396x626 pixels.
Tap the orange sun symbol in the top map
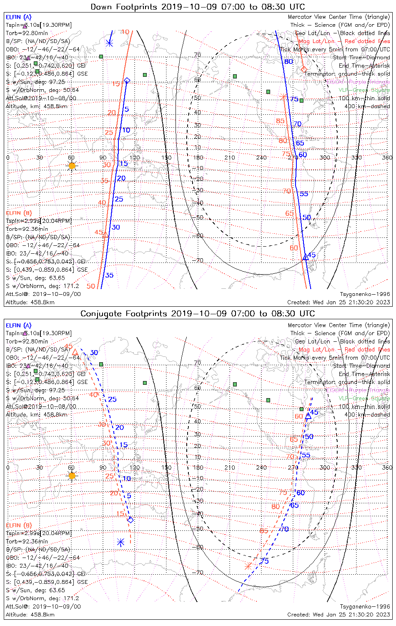(72, 166)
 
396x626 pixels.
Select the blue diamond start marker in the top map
(127, 80)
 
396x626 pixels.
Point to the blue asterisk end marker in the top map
(109, 43)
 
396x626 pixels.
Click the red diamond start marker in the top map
(303, 68)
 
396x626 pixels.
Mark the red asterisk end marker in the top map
(284, 97)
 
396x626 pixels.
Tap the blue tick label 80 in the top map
(288, 62)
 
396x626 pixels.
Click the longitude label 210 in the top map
(230, 157)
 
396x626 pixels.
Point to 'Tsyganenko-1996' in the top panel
(365, 294)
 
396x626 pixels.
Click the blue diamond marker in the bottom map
(130, 520)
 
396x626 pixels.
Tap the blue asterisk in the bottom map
(120, 543)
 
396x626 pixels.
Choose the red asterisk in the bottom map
(248, 566)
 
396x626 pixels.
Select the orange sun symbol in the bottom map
(72, 476)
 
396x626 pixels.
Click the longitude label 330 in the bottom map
(356, 467)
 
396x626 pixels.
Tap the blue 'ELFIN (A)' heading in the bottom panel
(19, 326)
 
